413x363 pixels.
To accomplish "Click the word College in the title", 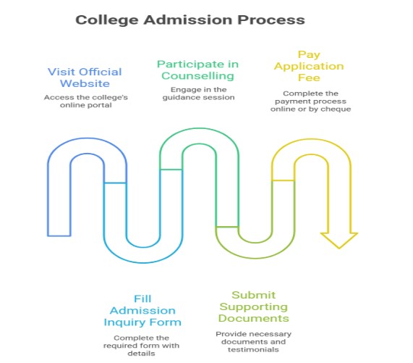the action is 107,20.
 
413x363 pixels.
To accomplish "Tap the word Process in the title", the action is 271,20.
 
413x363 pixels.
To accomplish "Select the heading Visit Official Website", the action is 85,78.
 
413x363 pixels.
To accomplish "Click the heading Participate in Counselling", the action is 197,70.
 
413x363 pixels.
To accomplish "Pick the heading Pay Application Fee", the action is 309,66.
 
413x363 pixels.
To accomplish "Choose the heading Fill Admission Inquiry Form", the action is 142,311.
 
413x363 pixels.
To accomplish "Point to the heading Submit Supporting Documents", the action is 253,306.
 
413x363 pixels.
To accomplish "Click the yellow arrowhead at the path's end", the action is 339,241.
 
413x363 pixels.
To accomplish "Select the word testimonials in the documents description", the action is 253,349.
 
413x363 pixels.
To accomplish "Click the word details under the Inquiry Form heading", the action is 141,354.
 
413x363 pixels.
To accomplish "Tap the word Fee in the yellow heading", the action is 309,78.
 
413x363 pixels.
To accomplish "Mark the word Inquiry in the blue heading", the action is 124,322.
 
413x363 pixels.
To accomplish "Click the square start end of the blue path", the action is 59,235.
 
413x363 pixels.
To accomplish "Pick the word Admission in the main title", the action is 188,20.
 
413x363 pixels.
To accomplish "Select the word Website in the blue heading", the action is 85,83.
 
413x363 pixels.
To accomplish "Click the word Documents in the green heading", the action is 253,318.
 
